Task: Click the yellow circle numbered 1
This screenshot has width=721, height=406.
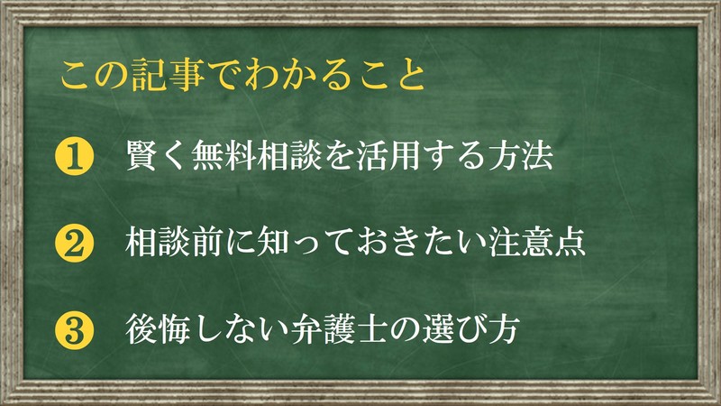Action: click(x=74, y=156)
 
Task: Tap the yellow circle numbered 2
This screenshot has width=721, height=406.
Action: click(x=74, y=243)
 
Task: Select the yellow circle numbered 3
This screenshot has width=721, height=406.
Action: click(x=74, y=330)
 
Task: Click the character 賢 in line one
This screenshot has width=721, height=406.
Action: click(x=141, y=156)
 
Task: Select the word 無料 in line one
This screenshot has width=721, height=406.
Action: click(x=224, y=156)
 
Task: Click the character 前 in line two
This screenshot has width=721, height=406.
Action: click(x=206, y=243)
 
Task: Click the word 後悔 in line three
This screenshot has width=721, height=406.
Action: click(x=157, y=329)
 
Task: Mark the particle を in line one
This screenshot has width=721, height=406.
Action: click(x=339, y=156)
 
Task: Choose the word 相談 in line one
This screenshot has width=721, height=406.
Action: click(x=288, y=156)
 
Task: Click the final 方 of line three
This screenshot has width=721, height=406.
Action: click(x=504, y=329)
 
